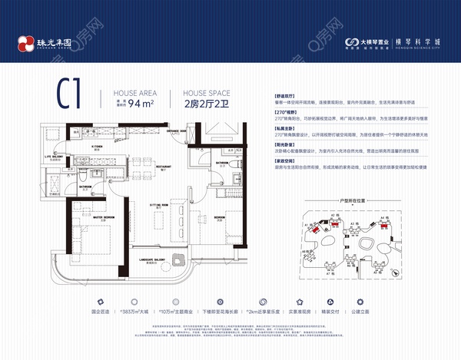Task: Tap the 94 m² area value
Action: [x=141, y=102]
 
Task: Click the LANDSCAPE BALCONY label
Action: [x=153, y=257]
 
